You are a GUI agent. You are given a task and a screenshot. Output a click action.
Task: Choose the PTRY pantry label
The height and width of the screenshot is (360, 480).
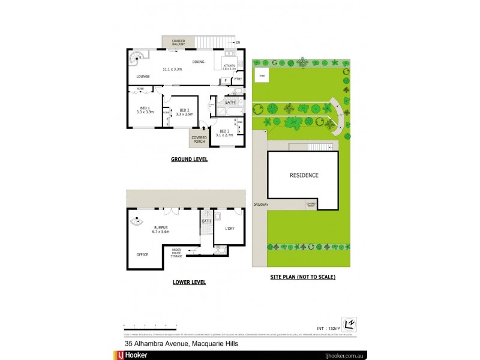238,79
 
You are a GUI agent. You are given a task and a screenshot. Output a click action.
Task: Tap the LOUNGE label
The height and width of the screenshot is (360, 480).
143,77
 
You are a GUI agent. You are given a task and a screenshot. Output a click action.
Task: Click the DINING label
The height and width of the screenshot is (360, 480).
198,62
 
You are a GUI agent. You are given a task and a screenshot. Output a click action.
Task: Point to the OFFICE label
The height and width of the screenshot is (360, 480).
142,254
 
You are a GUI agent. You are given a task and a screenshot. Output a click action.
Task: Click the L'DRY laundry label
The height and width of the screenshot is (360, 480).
230,229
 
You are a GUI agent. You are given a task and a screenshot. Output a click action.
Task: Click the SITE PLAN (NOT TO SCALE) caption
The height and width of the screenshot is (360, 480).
302,277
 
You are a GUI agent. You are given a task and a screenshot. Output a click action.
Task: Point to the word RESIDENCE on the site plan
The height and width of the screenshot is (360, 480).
304,175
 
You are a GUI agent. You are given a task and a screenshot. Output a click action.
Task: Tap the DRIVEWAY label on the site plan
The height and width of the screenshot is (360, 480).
260,205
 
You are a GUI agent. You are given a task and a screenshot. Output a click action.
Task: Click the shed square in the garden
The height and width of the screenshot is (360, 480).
262,76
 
